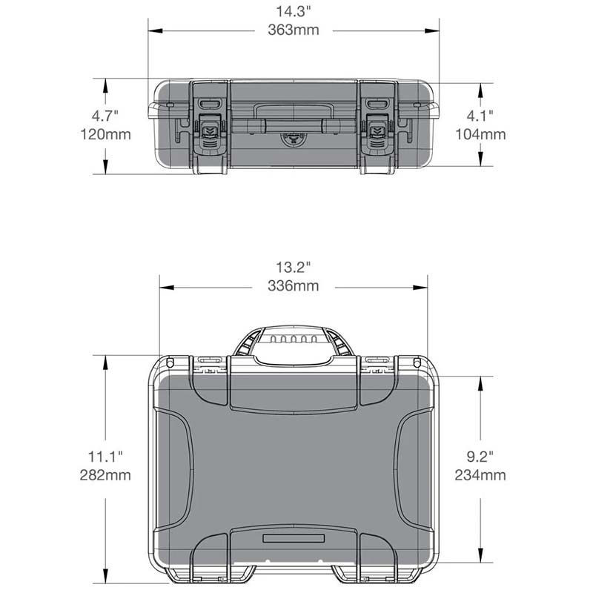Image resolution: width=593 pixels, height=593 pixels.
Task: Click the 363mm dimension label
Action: (x=294, y=30)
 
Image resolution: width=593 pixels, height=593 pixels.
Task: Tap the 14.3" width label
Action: (x=293, y=11)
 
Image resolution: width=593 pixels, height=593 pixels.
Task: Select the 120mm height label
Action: (x=105, y=134)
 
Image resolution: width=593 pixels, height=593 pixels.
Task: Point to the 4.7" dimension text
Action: (x=105, y=116)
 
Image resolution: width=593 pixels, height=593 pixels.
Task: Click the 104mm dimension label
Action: (x=480, y=134)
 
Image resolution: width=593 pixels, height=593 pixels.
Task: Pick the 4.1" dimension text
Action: (x=480, y=116)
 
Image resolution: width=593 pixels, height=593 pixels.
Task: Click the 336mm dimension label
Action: (x=294, y=285)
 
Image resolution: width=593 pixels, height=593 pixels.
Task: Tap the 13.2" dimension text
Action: (x=293, y=267)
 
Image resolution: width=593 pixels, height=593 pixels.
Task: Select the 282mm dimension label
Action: (x=105, y=475)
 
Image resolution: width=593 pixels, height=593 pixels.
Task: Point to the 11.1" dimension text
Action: (x=105, y=457)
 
